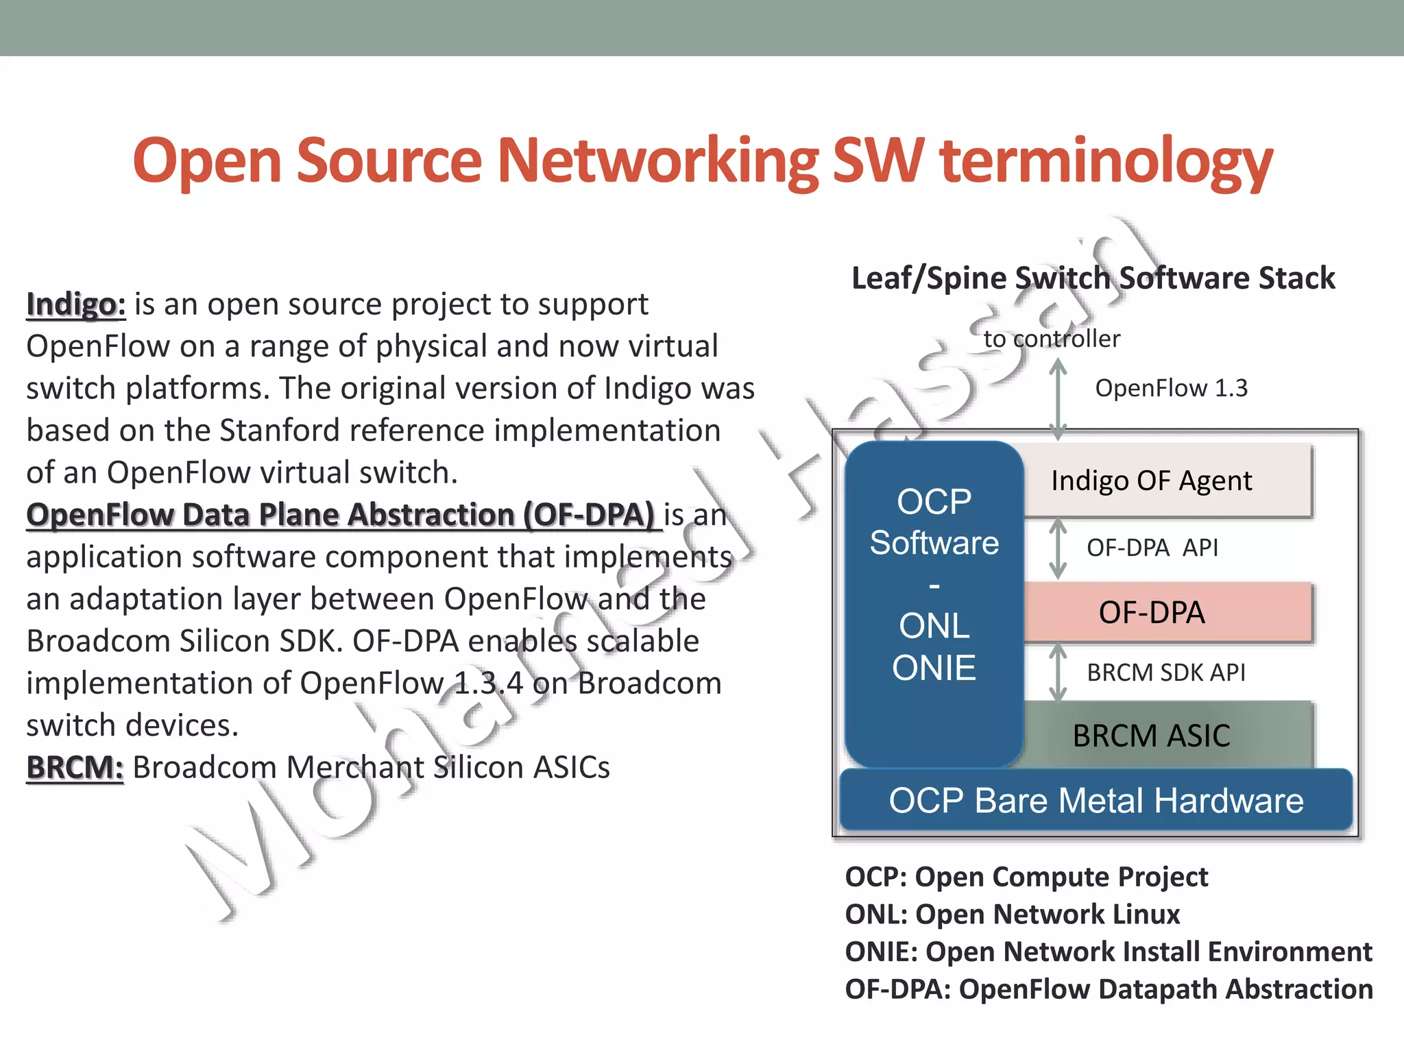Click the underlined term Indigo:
tap(76, 304)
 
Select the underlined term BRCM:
tap(75, 767)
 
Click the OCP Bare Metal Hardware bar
tap(1096, 800)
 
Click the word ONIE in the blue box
tap(934, 668)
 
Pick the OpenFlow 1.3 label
tap(1171, 388)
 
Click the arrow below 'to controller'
tap(1058, 400)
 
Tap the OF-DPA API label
tap(1152, 548)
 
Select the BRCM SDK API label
tap(1165, 673)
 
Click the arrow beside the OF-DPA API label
tap(1058, 548)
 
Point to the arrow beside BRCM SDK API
tap(1058, 673)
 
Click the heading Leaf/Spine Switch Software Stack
tap(1093, 278)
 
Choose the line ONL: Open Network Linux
tap(1012, 914)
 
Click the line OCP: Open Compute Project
tap(1026, 877)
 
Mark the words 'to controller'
tap(1051, 339)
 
